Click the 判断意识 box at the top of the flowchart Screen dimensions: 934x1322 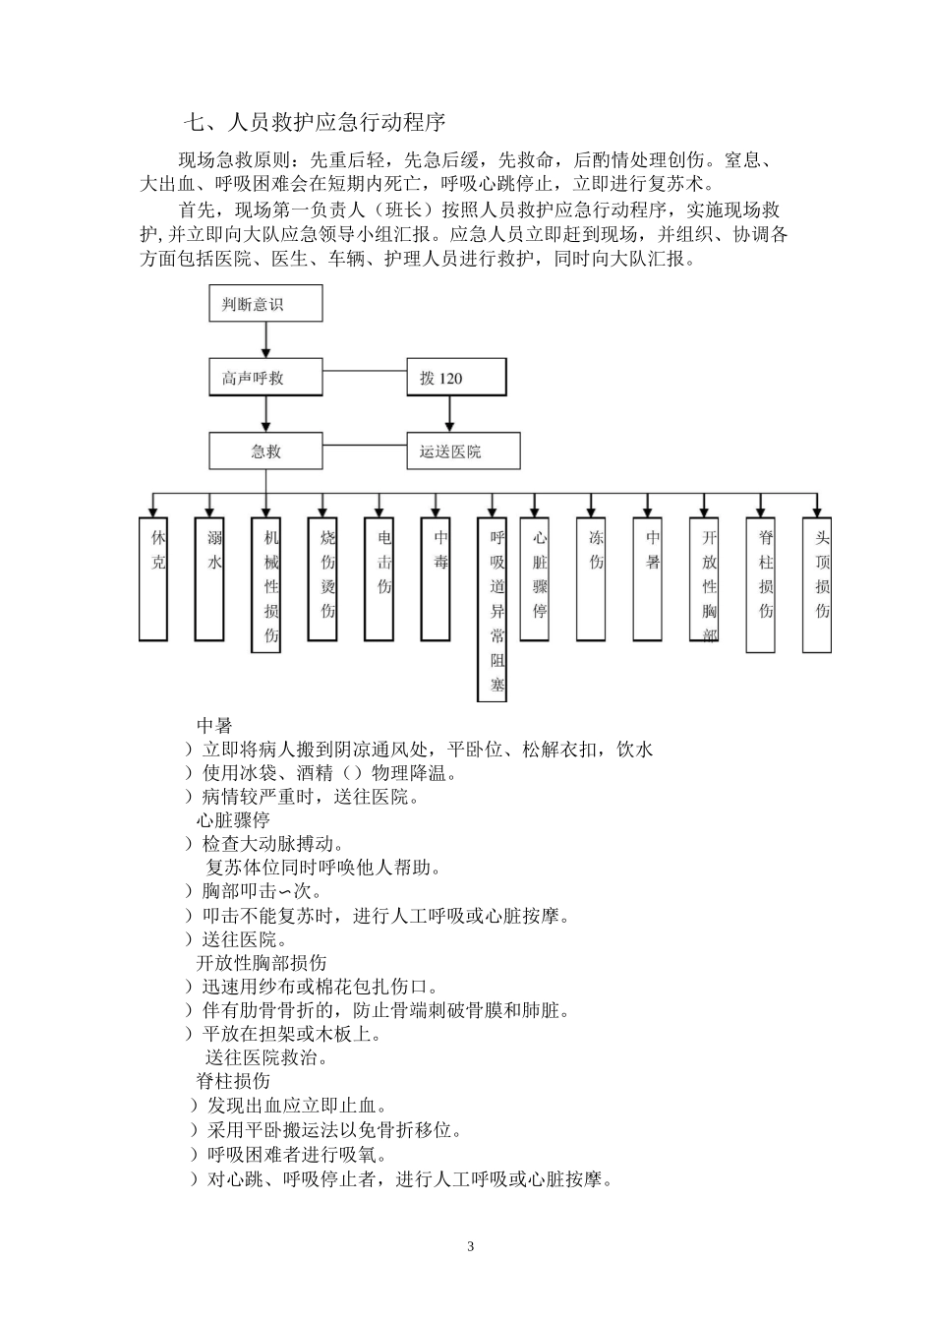(x=265, y=304)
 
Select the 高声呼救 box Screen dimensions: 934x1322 (x=265, y=378)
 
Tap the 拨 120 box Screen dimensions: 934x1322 (x=456, y=378)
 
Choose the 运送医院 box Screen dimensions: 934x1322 (x=463, y=451)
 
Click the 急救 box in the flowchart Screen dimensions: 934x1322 (x=265, y=451)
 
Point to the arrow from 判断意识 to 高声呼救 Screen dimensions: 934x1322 (x=265, y=340)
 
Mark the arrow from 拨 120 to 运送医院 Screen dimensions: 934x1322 (x=449, y=414)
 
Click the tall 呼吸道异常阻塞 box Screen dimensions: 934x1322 (x=492, y=609)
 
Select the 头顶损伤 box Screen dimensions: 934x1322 (x=817, y=584)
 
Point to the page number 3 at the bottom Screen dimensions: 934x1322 (x=470, y=1246)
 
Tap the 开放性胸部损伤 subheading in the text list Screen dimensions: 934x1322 (x=262, y=962)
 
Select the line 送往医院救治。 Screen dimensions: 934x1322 (x=266, y=1057)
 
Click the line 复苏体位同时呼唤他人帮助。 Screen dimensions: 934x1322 (x=323, y=868)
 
